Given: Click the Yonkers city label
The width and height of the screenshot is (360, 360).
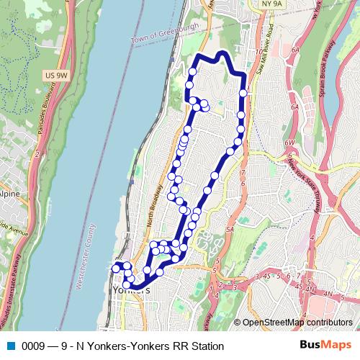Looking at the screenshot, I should tap(131, 289).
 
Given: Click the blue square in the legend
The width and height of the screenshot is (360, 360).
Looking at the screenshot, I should tap(10, 346).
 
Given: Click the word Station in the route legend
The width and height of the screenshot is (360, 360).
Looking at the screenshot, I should tap(206, 346).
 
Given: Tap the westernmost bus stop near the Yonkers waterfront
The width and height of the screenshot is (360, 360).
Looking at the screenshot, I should tap(115, 268).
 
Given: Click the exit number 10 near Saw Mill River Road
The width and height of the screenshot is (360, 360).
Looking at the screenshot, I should tap(258, 53).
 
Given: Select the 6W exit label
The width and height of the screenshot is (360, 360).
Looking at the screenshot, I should tap(289, 143).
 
